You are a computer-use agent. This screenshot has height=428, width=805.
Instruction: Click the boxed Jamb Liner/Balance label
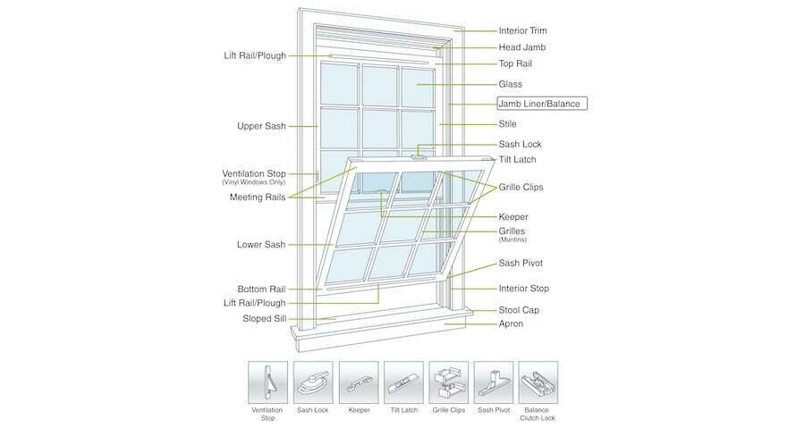[x=542, y=104]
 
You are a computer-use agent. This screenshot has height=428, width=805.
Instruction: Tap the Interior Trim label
[x=522, y=30]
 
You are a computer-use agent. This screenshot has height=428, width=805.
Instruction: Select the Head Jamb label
[x=522, y=47]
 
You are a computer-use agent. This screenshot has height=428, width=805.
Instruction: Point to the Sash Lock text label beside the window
[x=520, y=144]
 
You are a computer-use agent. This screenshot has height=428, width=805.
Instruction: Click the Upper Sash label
[x=261, y=126]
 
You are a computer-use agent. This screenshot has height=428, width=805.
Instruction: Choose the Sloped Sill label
[x=265, y=318]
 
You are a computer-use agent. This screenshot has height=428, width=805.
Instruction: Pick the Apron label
[x=511, y=324]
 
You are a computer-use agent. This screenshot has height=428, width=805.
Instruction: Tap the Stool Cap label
[x=519, y=310]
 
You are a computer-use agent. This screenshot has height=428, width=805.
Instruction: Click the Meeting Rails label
[x=258, y=197]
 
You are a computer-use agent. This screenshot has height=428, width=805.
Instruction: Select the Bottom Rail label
[x=261, y=290]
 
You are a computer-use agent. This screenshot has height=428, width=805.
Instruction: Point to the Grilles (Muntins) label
[x=513, y=234]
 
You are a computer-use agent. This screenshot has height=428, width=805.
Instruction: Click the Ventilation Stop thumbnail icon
[x=268, y=382]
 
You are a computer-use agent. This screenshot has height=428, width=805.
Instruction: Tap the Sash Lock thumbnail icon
[x=313, y=382]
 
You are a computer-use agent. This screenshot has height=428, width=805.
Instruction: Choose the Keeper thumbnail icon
[x=359, y=382]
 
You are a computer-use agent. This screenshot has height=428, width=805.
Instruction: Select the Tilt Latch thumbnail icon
[x=403, y=382]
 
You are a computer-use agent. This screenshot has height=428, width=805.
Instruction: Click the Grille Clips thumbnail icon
[x=449, y=382]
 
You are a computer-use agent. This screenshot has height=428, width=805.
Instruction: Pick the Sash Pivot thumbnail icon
[x=494, y=382]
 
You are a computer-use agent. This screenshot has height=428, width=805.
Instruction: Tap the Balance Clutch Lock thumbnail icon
[x=538, y=382]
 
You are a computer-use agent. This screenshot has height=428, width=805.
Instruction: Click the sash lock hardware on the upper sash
[x=420, y=156]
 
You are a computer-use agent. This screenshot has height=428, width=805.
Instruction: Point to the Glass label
[x=511, y=84]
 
